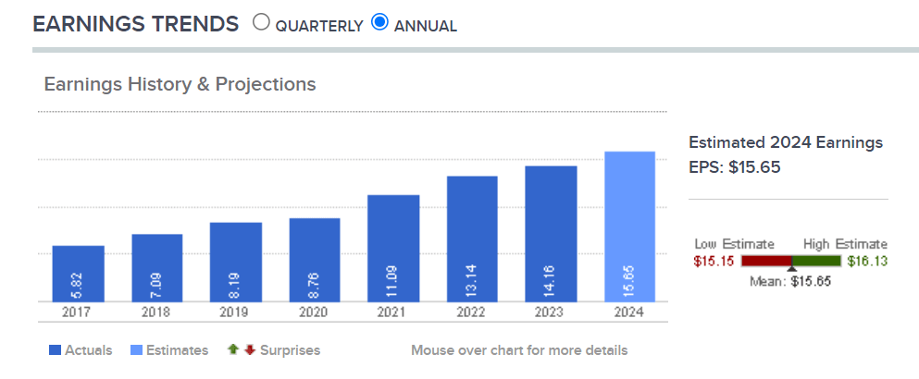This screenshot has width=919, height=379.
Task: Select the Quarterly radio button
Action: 261,22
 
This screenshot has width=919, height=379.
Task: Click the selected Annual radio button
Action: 379,22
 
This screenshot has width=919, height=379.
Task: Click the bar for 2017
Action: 78,274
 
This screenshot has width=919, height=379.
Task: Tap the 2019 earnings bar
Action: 235,263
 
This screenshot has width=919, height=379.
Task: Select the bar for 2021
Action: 393,248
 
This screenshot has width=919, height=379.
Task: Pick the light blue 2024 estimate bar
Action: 629,226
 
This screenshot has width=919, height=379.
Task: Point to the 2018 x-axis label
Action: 156,312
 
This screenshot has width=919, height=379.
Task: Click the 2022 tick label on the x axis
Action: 472,312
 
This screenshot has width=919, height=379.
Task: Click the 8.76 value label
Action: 315,283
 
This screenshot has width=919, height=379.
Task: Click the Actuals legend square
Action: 54,350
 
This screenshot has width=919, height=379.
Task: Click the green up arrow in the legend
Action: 233,349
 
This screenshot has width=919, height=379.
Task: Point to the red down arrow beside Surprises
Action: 249,349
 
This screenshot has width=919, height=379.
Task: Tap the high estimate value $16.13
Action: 866,262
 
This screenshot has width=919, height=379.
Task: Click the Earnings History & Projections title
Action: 180,84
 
